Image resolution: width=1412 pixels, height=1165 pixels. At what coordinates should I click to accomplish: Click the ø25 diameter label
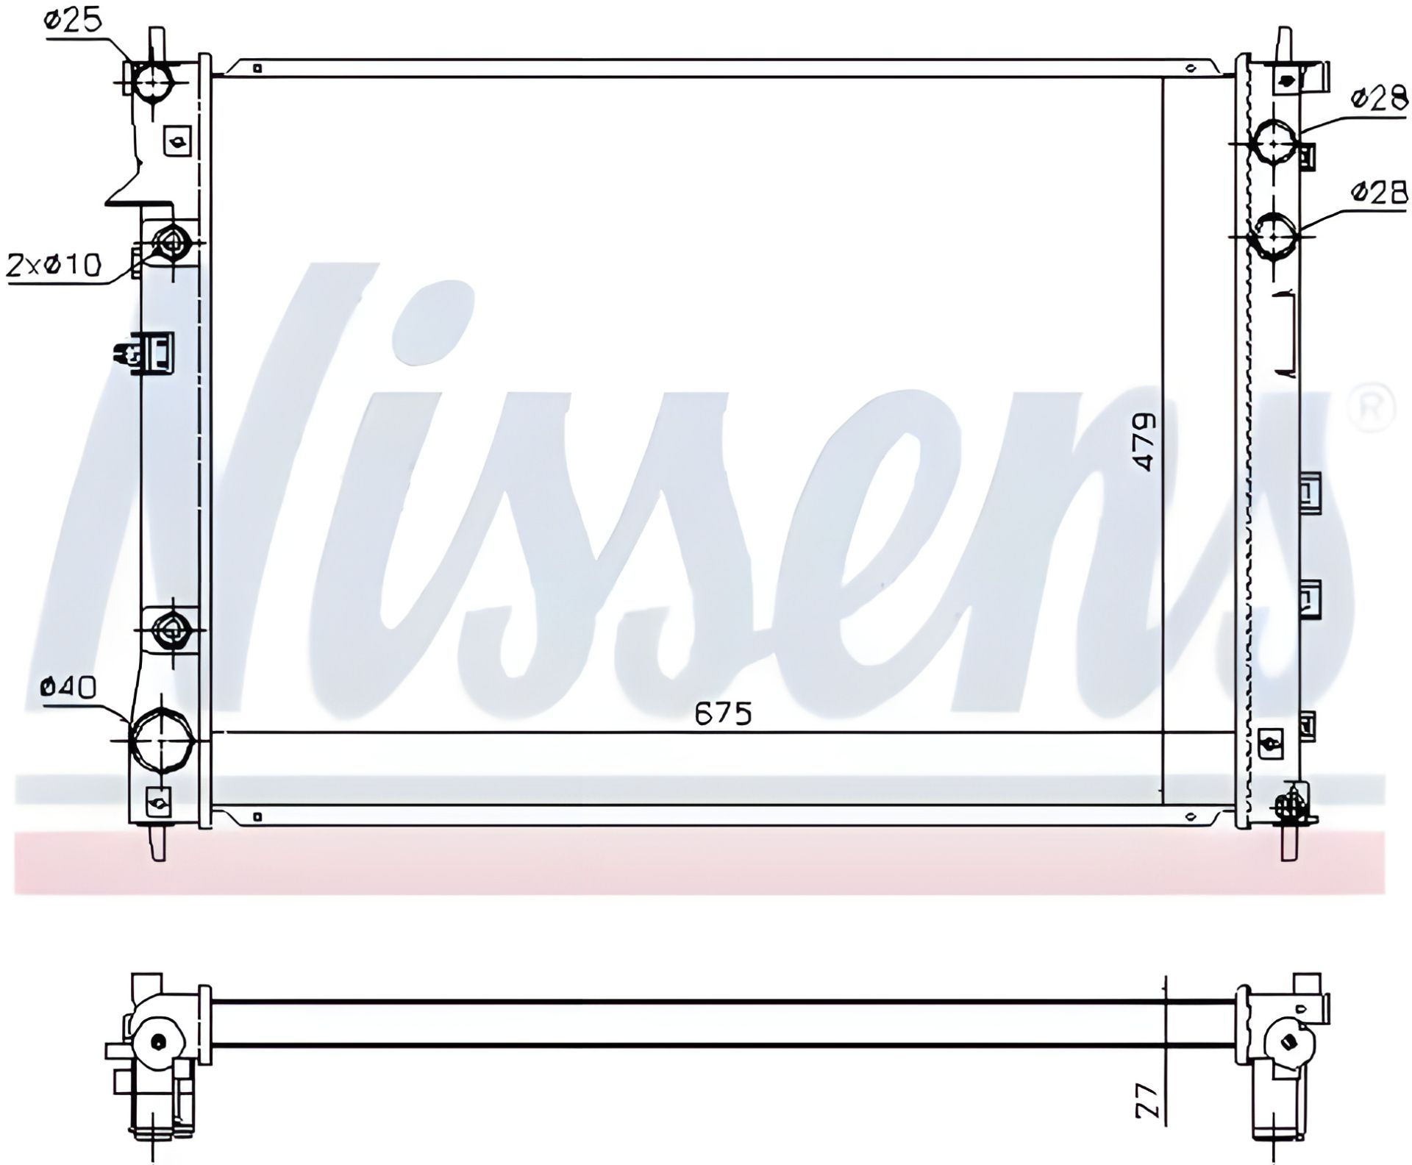(72, 20)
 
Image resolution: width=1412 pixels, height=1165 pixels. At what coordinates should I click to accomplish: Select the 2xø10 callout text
(53, 265)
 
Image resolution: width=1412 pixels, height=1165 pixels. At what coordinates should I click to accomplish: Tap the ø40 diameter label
(68, 687)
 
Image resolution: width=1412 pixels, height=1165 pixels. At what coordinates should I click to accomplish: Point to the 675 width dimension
(724, 713)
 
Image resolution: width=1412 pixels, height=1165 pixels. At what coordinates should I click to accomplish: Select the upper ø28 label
(1379, 99)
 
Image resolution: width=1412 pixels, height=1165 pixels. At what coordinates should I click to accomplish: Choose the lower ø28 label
(1379, 193)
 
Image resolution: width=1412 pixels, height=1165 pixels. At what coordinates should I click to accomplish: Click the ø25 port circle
(152, 81)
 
